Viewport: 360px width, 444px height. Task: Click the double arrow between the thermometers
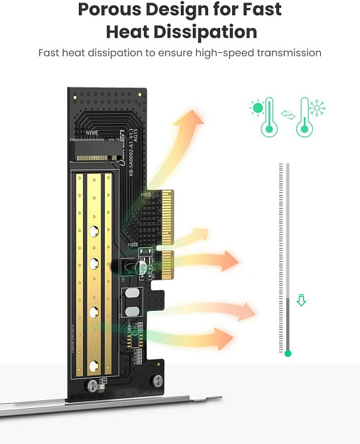click(287, 115)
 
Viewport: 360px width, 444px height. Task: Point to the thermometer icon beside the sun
click(269, 117)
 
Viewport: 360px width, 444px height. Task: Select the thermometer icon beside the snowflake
click(304, 117)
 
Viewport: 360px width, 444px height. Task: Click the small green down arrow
click(302, 301)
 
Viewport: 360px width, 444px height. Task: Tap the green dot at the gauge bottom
click(288, 354)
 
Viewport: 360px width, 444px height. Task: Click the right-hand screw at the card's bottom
click(158, 380)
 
